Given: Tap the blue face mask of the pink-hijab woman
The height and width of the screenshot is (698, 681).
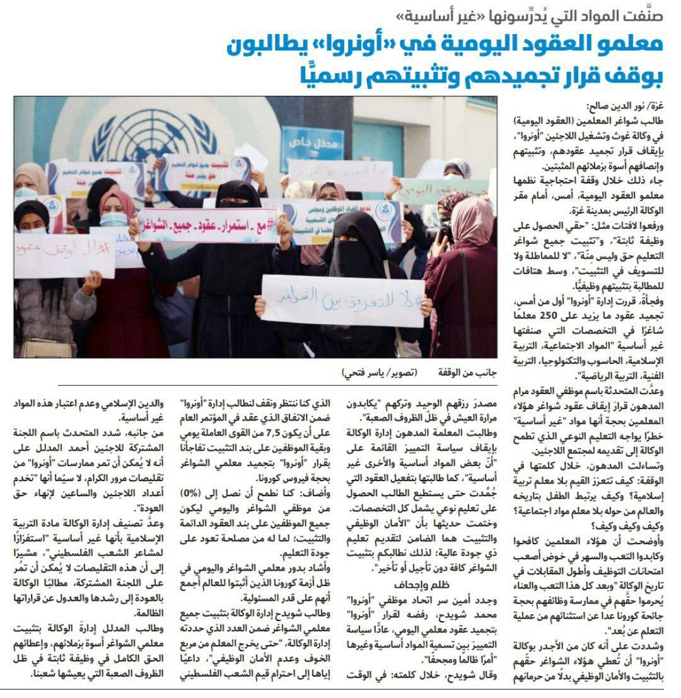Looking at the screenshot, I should click(115, 219).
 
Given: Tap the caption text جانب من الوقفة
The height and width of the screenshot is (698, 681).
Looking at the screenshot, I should click(467, 371).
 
